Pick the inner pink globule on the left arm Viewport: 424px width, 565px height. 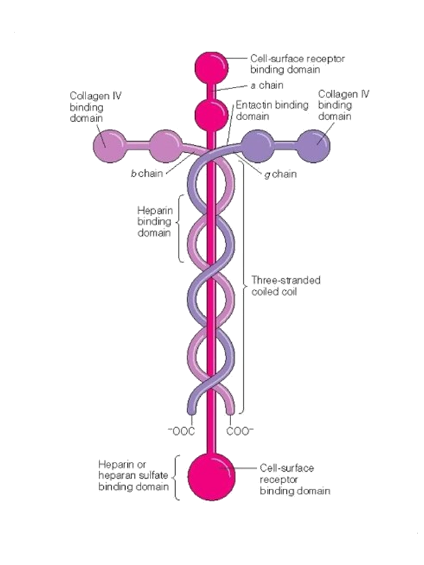[163, 145]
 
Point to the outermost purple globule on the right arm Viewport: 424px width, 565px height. [314, 145]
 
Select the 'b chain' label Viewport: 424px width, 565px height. [146, 173]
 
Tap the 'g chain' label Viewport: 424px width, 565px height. [281, 174]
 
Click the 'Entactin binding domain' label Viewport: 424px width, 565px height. [273, 111]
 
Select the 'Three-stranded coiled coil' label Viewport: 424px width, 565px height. [286, 286]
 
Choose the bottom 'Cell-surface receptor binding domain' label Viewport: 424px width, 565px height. [295, 479]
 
